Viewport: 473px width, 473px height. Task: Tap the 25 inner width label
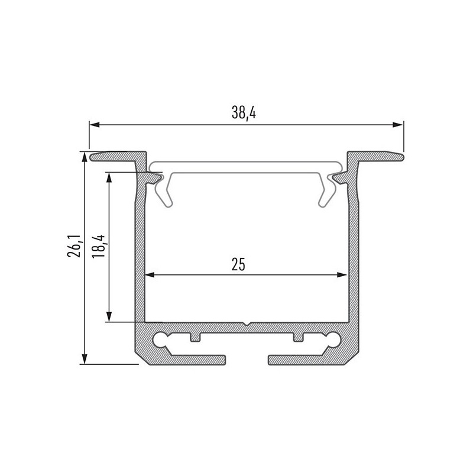click(238, 264)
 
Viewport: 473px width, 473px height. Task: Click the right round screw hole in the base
click(333, 339)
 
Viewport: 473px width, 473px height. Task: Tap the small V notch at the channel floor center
click(247, 325)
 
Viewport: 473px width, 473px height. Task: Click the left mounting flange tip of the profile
click(95, 157)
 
